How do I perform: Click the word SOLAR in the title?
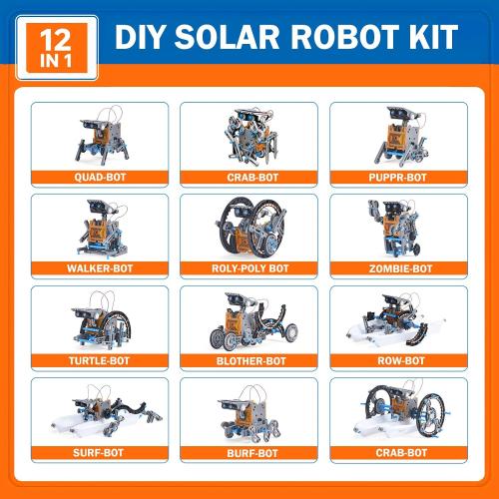(237, 38)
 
